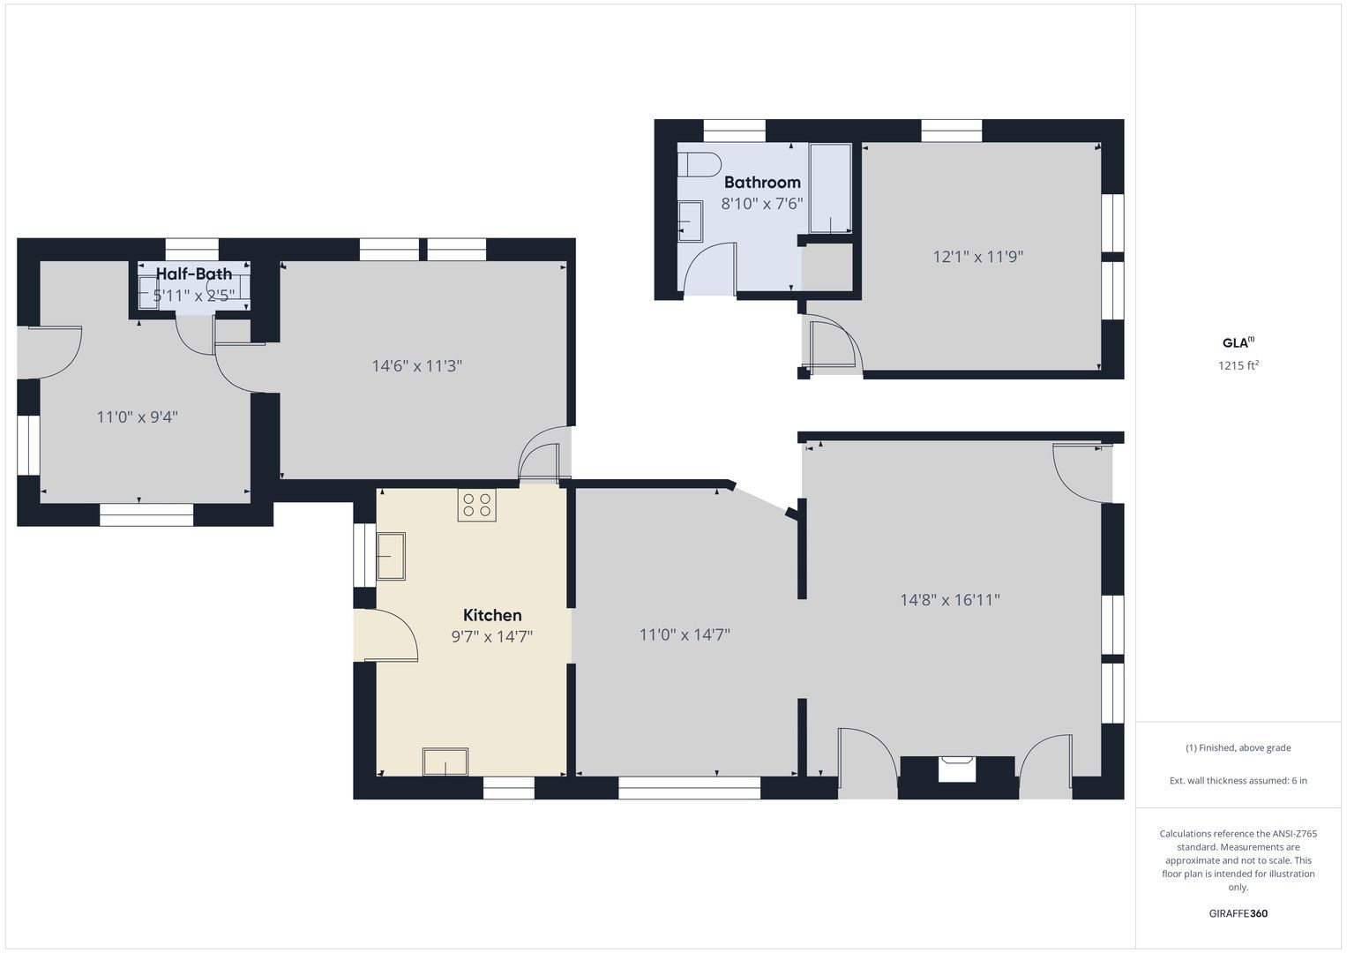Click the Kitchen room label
pos(492,615)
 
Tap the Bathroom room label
pos(762,183)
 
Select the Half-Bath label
pos(194,274)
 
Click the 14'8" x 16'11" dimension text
pos(949,600)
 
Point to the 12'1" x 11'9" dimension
pos(977,257)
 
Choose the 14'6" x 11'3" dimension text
pos(416,366)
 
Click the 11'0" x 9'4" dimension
pos(137,416)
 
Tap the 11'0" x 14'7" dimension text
pos(685,634)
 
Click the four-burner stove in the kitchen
pos(477,505)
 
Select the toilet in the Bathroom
pos(700,164)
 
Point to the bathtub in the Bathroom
pos(830,188)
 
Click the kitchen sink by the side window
pos(391,557)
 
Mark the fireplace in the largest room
pos(957,769)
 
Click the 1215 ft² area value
pos(1238,365)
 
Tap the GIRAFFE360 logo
pos(1238,913)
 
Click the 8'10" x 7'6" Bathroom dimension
pos(762,204)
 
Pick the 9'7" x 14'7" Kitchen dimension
pos(492,636)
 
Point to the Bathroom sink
pos(691,221)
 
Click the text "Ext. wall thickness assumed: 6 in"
pos(1238,780)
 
